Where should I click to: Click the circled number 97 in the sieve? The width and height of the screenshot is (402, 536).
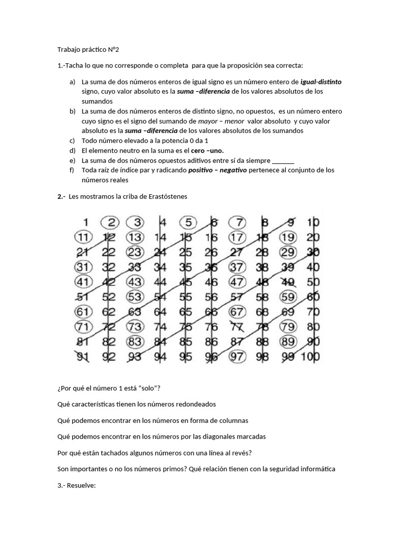[237, 357]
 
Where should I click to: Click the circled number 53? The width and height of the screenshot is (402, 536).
[135, 297]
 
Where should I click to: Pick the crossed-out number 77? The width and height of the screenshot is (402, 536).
[237, 328]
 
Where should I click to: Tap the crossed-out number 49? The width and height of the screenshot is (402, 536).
[288, 283]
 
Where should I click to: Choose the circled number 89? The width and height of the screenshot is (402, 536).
[287, 342]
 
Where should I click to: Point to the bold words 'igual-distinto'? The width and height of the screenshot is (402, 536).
[321, 82]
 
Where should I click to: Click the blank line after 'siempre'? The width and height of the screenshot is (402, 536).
[283, 160]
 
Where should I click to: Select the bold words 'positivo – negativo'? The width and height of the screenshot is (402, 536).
[217, 170]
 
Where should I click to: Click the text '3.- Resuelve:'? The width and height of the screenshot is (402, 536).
[77, 485]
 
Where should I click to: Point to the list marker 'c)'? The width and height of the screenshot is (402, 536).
[72, 141]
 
